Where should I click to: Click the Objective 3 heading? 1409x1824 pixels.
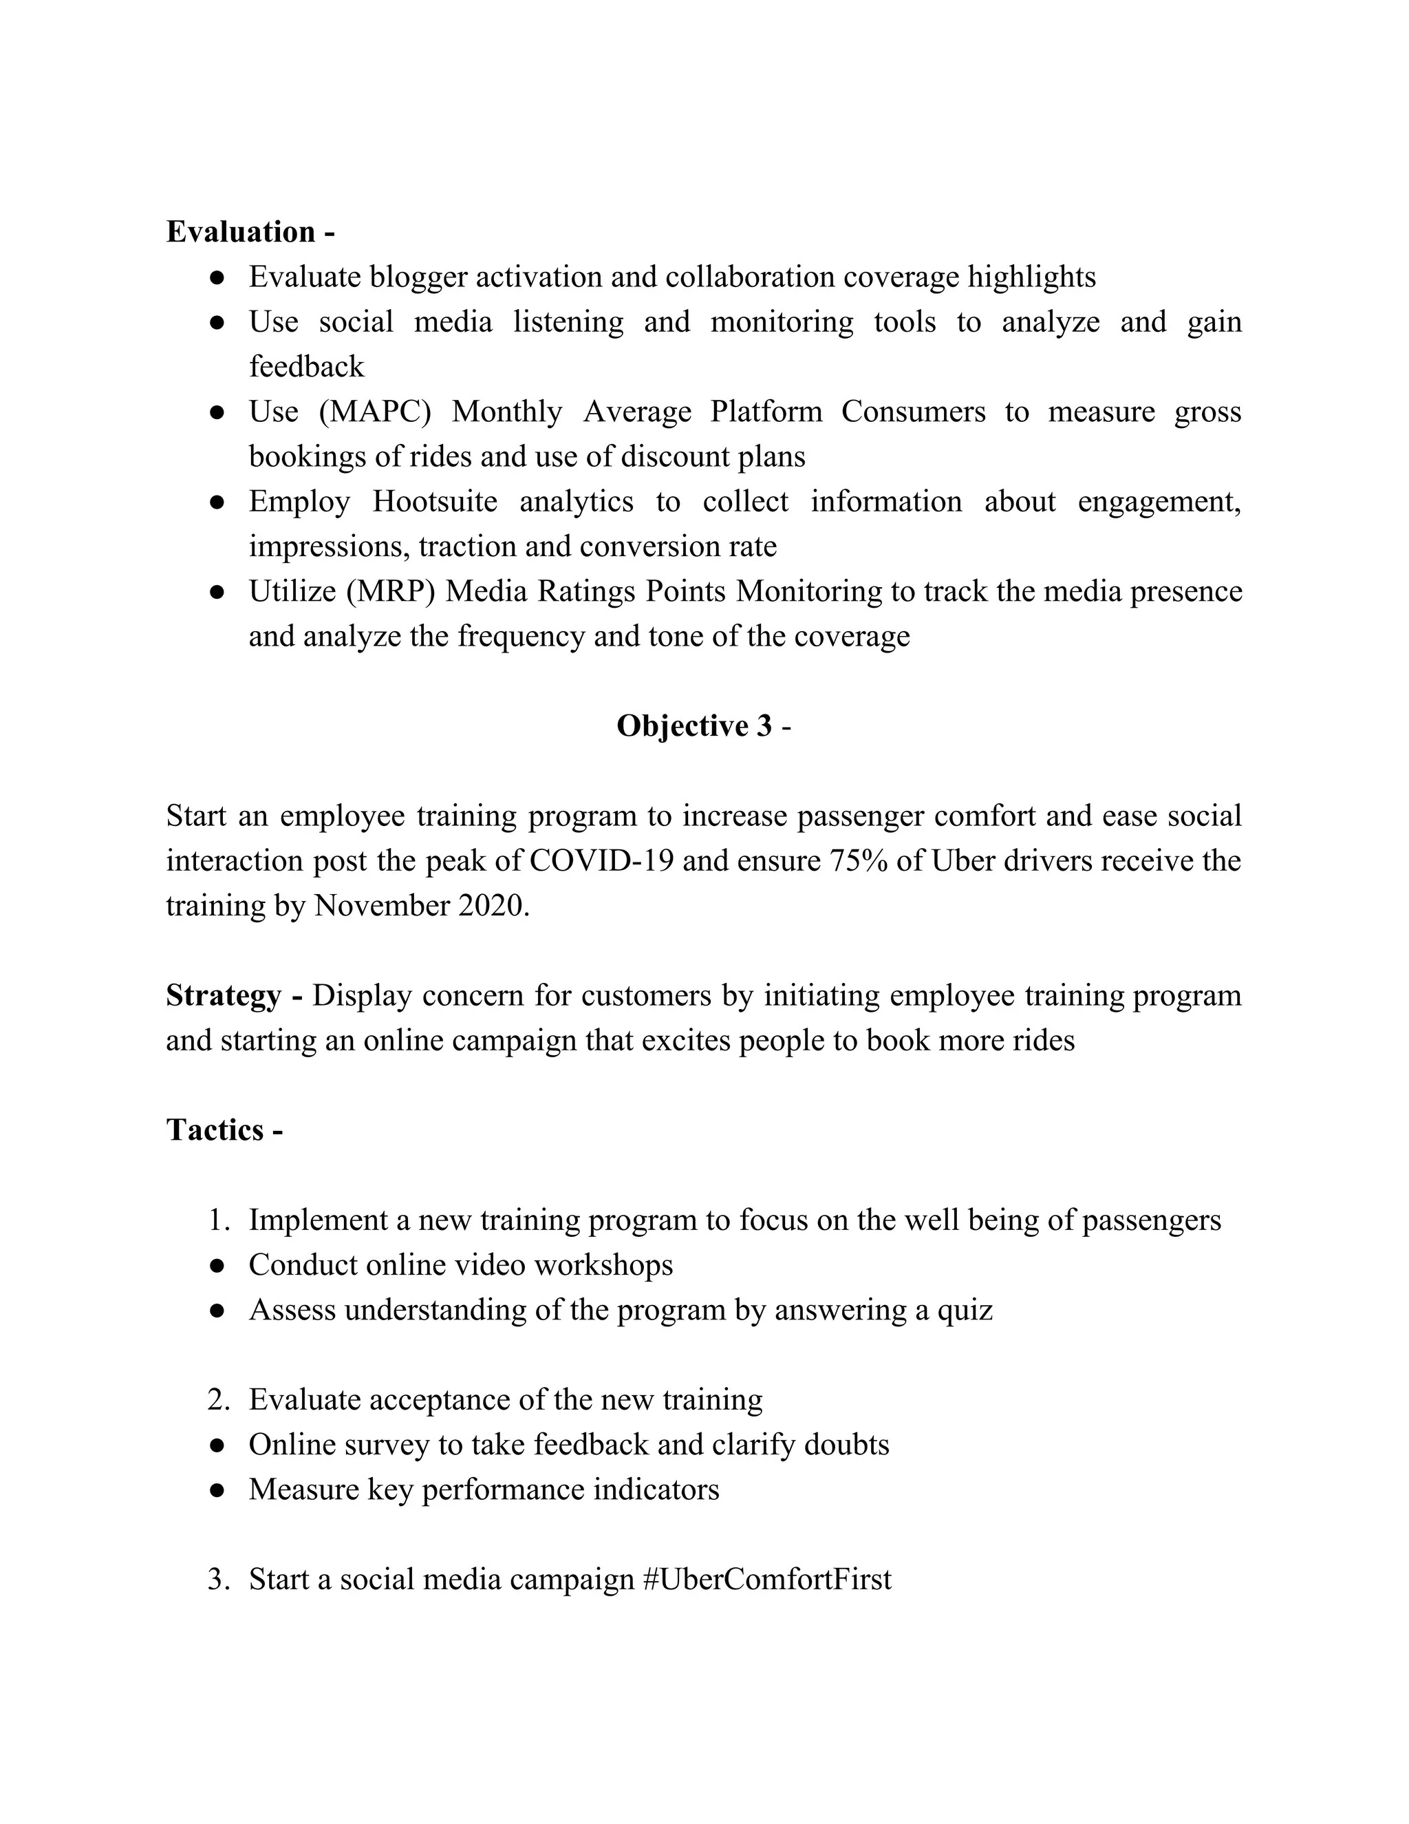tap(694, 725)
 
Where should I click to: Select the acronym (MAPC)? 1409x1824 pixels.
tap(375, 412)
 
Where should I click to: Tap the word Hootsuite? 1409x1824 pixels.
tap(434, 502)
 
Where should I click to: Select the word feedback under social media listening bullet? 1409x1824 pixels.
tap(306, 367)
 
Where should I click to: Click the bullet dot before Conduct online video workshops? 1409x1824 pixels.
tap(217, 1266)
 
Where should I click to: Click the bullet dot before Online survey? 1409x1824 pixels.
tap(217, 1445)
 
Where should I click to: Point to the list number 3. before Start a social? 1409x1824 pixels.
tap(218, 1579)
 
